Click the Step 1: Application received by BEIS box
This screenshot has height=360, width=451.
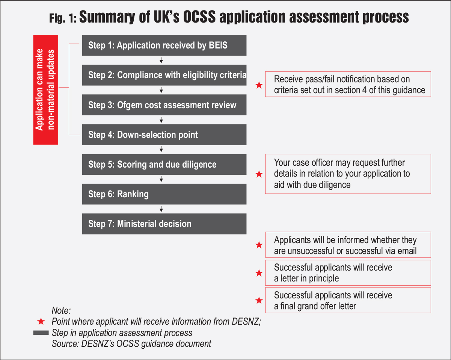click(164, 45)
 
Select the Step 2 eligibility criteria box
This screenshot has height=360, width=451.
click(164, 75)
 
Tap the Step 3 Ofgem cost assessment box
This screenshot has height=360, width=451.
click(164, 105)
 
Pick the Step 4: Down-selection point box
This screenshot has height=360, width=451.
click(164, 135)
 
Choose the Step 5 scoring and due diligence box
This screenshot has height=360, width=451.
click(164, 164)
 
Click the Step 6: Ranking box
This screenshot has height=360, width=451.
click(164, 194)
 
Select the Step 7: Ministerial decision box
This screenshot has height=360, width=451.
click(164, 224)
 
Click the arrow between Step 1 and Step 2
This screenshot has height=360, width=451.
click(161, 60)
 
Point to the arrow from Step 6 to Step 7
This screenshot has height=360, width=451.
click(161, 209)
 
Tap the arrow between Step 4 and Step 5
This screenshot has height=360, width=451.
click(161, 149)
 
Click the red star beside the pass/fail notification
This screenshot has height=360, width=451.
click(259, 85)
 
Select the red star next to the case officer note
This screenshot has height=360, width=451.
click(259, 174)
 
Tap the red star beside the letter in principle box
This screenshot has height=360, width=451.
click(259, 273)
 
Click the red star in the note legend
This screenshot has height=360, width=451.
click(41, 322)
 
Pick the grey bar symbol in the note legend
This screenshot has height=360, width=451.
click(41, 333)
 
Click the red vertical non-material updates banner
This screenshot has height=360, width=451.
click(46, 89)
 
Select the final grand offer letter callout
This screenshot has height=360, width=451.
click(348, 300)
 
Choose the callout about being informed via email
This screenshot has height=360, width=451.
click(348, 245)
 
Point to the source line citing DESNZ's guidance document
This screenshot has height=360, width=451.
click(131, 343)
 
